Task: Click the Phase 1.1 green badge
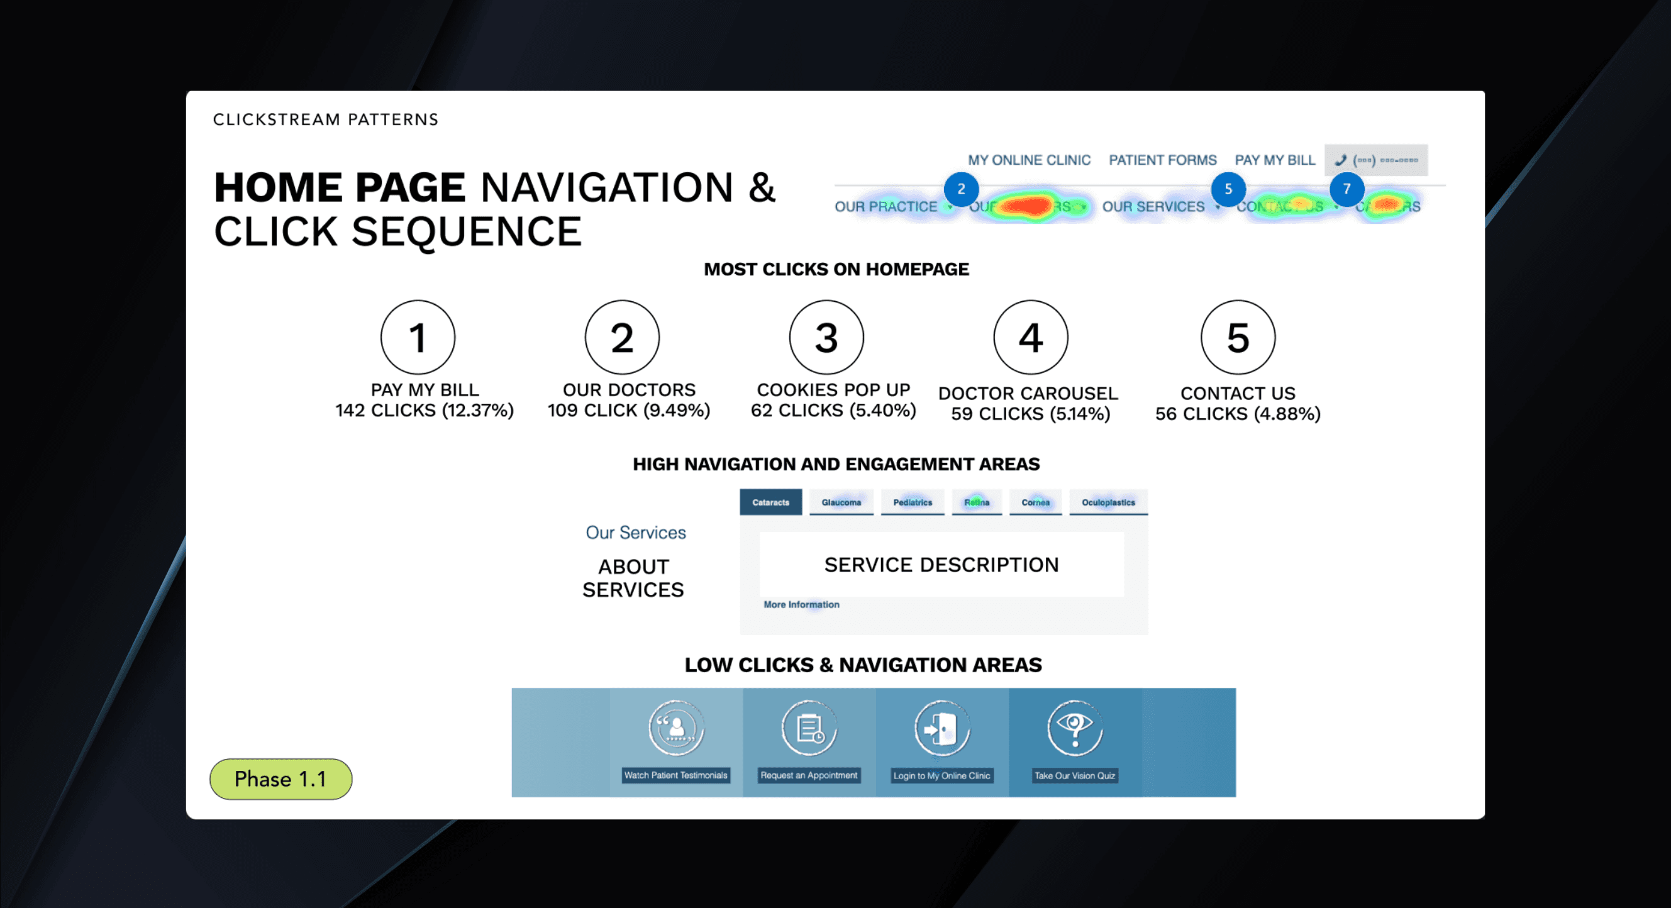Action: coord(280,779)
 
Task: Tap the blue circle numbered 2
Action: coord(961,189)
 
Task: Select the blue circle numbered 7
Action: coord(1346,189)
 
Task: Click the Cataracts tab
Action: coord(770,502)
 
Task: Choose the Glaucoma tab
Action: coord(841,502)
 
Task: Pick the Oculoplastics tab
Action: coord(1108,502)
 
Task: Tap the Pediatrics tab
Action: coord(912,502)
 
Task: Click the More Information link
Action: coord(801,604)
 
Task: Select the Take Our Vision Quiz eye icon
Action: coord(1074,728)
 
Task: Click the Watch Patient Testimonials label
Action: coord(675,775)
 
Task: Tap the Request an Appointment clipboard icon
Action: coord(809,728)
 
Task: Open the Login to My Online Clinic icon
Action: coord(942,728)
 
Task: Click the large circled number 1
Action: coord(418,337)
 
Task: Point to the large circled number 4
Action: coord(1030,337)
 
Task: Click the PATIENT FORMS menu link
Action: coord(1162,160)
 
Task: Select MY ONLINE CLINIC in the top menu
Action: coord(1029,160)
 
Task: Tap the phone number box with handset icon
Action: coord(1375,160)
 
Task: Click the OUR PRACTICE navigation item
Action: coord(886,207)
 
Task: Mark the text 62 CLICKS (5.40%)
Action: coord(833,411)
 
